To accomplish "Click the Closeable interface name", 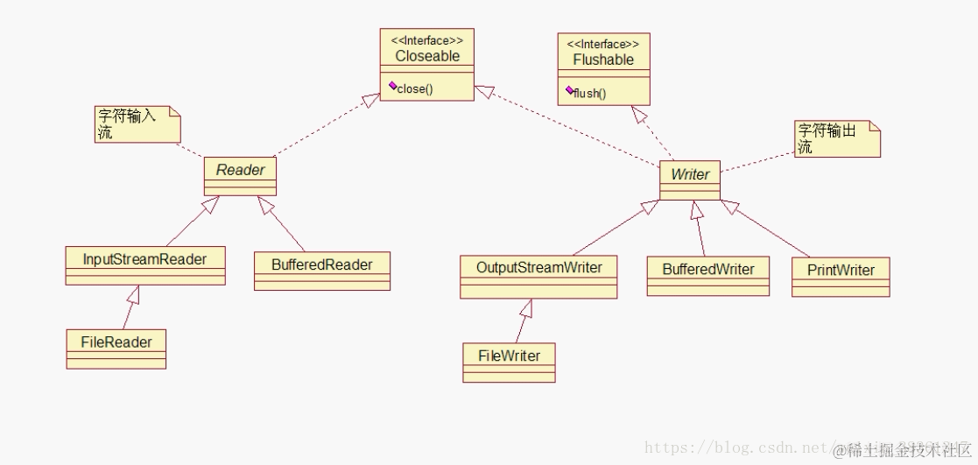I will click(426, 56).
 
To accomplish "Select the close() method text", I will click(415, 88).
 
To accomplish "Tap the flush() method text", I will click(591, 93).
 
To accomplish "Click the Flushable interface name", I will click(603, 60).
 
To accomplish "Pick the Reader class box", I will click(240, 175).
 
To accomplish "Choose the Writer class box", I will click(689, 179).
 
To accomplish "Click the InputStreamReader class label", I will click(144, 259).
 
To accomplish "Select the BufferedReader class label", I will click(321, 264).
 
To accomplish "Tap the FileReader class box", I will click(116, 348).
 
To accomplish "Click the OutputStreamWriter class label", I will click(538, 267).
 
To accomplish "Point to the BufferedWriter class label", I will click(707, 269).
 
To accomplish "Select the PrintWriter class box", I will click(840, 275).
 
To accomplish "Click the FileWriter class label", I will click(509, 356).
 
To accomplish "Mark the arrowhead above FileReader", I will click(134, 293).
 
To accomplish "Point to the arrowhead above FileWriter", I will click(525, 307).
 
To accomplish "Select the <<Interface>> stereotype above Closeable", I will click(426, 40).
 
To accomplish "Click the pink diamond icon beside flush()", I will click(570, 89).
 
